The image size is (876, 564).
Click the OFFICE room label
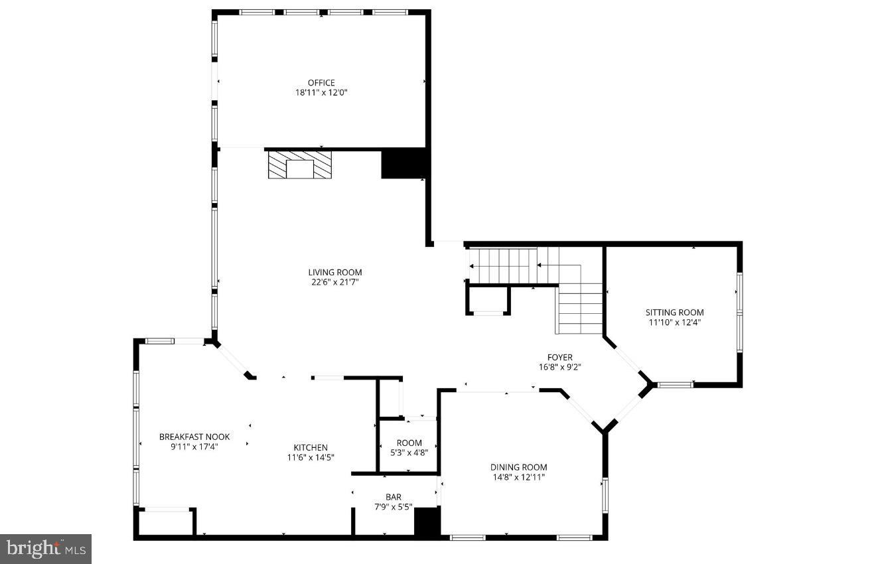point(321,83)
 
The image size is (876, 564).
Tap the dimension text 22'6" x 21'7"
point(334,282)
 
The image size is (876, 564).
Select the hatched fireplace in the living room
point(299,165)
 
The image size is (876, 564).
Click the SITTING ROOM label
point(675,313)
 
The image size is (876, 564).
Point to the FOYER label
point(560,358)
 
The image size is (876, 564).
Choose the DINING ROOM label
point(518,467)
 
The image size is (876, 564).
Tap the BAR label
point(394,497)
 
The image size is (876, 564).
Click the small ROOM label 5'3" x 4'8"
point(409,443)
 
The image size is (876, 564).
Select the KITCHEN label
point(311,448)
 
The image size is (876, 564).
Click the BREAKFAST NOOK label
point(194,437)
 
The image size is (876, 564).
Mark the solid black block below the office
point(403,164)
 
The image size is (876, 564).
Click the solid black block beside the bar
point(427,522)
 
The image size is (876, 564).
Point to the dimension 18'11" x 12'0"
point(321,93)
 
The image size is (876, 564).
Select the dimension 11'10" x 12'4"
point(675,322)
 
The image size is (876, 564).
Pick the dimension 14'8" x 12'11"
point(518,477)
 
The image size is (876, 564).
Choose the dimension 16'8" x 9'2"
point(560,367)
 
